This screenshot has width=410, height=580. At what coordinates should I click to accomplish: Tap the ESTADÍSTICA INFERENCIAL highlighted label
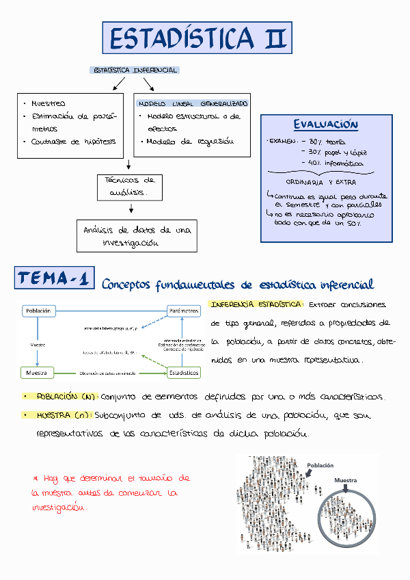pyautogui.click(x=135, y=70)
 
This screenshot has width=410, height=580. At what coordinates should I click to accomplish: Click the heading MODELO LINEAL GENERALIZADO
pyautogui.click(x=193, y=104)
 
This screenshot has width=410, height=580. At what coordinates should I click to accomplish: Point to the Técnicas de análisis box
pyautogui.click(x=130, y=187)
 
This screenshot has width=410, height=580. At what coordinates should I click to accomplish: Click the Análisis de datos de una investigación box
pyautogui.click(x=136, y=236)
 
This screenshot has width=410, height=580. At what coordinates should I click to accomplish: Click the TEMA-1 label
pyautogui.click(x=55, y=279)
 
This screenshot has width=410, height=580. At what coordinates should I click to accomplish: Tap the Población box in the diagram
pyautogui.click(x=38, y=311)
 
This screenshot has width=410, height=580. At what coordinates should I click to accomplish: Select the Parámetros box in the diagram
pyautogui.click(x=183, y=311)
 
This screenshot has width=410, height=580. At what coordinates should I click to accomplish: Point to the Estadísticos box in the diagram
pyautogui.click(x=183, y=373)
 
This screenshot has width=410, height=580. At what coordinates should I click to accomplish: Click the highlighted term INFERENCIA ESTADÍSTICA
pyautogui.click(x=257, y=304)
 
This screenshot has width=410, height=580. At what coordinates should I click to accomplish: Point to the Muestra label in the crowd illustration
pyautogui.click(x=345, y=480)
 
